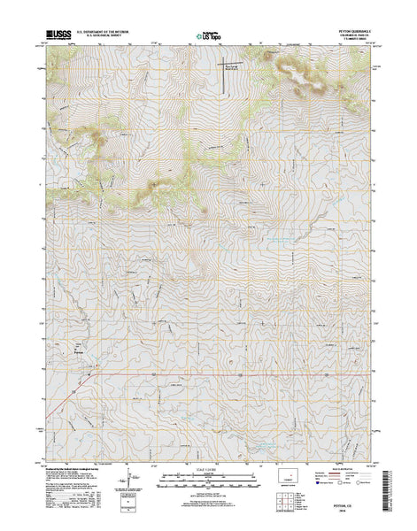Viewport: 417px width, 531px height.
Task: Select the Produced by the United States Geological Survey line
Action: (x=71, y=469)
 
